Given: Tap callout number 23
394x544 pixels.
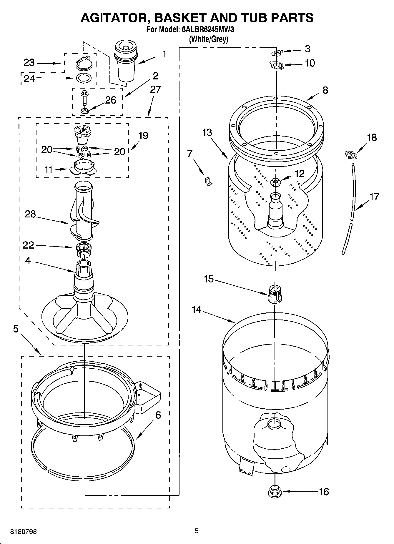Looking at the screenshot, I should pos(29,63).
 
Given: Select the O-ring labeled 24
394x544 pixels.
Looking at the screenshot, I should pos(84,78).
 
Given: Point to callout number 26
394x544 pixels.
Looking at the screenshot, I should pos(111,100).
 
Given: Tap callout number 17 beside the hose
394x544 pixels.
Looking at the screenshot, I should pos(374,196).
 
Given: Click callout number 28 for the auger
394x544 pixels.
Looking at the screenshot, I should pos(30,214).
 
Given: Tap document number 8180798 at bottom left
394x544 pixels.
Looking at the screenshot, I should pos(23,532).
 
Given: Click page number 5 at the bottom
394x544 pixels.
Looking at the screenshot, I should pos(197,531).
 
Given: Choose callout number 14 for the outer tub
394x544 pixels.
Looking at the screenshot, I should pos(196,310).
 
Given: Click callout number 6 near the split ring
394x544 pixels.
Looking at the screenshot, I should pos(158,415).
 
